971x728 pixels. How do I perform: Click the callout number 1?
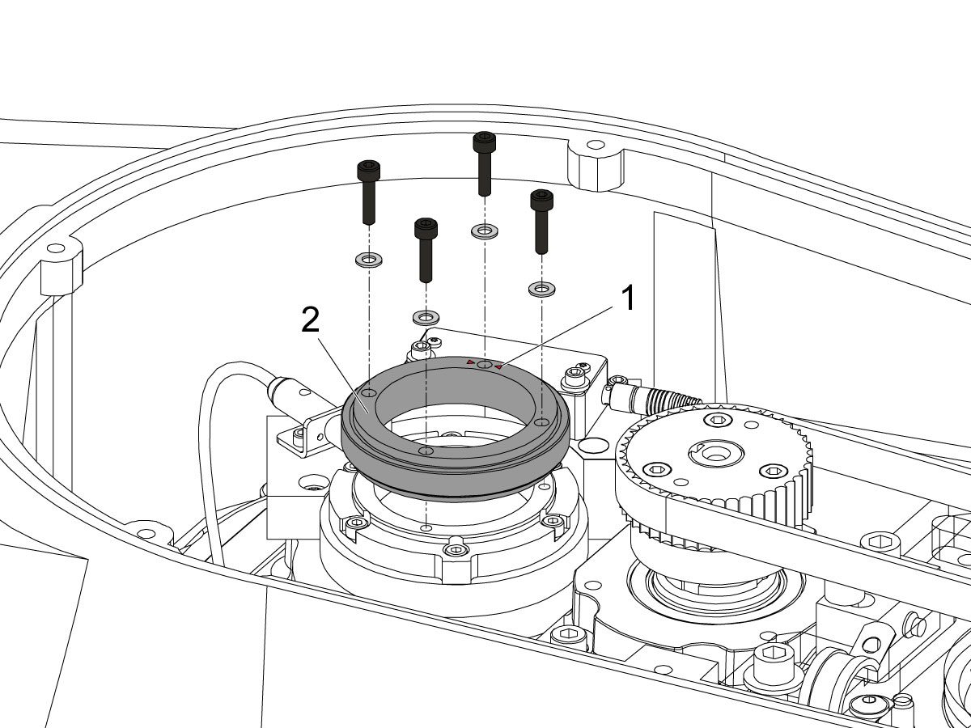[x=627, y=298]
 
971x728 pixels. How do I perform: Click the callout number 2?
[x=311, y=320]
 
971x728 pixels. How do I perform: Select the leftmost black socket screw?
[x=368, y=193]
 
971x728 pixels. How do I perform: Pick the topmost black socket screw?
[x=485, y=164]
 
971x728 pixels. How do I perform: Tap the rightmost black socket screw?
[x=542, y=222]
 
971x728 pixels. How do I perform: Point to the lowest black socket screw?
[x=426, y=250]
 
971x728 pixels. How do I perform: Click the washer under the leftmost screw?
[x=368, y=260]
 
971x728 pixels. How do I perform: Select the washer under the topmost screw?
[x=485, y=231]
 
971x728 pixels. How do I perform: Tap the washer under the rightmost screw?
[x=542, y=289]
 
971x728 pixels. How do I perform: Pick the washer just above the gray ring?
[x=426, y=317]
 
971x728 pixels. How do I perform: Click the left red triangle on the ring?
[x=470, y=362]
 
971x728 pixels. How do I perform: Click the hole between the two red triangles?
[x=485, y=365]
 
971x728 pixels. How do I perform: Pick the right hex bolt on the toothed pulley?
[x=773, y=471]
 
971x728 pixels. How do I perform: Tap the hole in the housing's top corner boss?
[x=595, y=145]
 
